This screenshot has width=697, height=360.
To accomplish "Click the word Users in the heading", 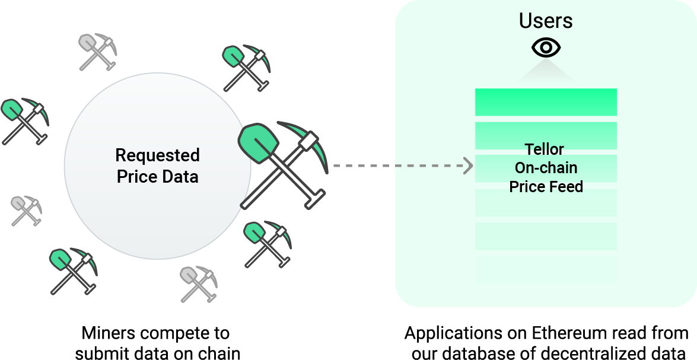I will pyautogui.click(x=546, y=21).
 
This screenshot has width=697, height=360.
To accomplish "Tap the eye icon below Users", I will pyautogui.click(x=546, y=47).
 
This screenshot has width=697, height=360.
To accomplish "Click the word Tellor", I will pyautogui.click(x=544, y=149).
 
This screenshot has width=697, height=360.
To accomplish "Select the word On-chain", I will pyautogui.click(x=546, y=168).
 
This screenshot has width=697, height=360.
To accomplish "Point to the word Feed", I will pyautogui.click(x=565, y=187).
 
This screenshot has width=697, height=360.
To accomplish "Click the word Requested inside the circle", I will pyautogui.click(x=157, y=156).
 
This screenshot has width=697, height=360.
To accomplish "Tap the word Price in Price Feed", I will pyautogui.click(x=526, y=187).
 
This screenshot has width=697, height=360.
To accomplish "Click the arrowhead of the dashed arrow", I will pyautogui.click(x=468, y=166).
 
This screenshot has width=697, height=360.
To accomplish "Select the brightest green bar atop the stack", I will pyautogui.click(x=546, y=102).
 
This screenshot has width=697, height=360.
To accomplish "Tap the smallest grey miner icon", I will pyautogui.click(x=26, y=211).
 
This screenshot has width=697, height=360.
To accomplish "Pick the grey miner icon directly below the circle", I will pyautogui.click(x=199, y=283).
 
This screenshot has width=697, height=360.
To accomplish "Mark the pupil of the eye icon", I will pyautogui.click(x=546, y=47).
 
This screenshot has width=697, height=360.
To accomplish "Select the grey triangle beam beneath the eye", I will pyautogui.click(x=546, y=74).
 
